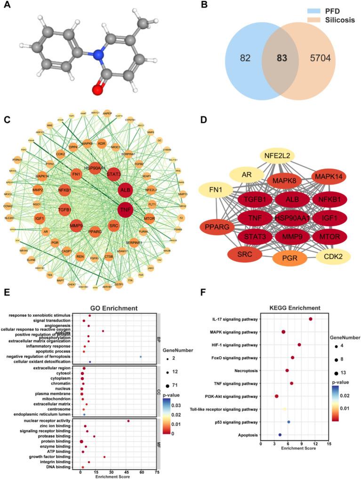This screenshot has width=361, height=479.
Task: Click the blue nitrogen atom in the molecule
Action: (x=98, y=55)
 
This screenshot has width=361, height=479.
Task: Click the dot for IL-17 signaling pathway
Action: (x=311, y=319)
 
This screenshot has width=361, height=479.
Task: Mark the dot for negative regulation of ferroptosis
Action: (x=141, y=357)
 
